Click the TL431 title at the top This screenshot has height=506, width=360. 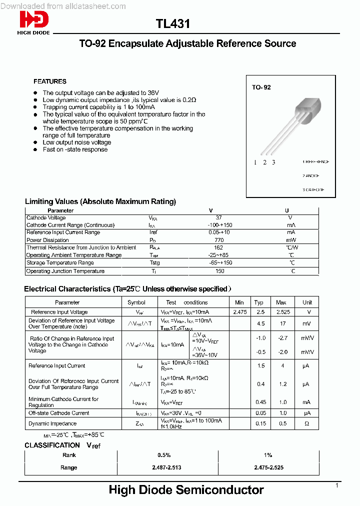point(172,24)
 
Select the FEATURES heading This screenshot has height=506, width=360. point(50,81)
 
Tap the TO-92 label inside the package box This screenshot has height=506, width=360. point(261,87)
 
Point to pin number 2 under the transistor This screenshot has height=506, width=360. point(264,162)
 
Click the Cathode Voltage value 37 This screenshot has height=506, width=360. point(218,217)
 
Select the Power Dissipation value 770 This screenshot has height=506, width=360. point(219,240)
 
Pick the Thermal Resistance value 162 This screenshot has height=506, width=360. point(218,247)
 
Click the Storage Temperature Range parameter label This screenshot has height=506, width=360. point(60,262)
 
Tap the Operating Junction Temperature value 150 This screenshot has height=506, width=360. point(219,271)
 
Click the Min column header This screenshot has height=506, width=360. point(239,302)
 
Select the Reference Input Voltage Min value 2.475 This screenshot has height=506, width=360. point(240,312)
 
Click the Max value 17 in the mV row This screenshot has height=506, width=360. point(281,323)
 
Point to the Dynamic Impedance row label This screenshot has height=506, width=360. point(45,423)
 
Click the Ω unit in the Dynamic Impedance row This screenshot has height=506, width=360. point(307,423)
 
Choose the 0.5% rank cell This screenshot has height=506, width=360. point(164,455)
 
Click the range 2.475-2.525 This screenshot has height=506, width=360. point(267,467)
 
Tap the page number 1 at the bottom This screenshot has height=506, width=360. point(337,485)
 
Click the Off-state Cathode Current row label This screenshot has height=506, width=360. point(59,413)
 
